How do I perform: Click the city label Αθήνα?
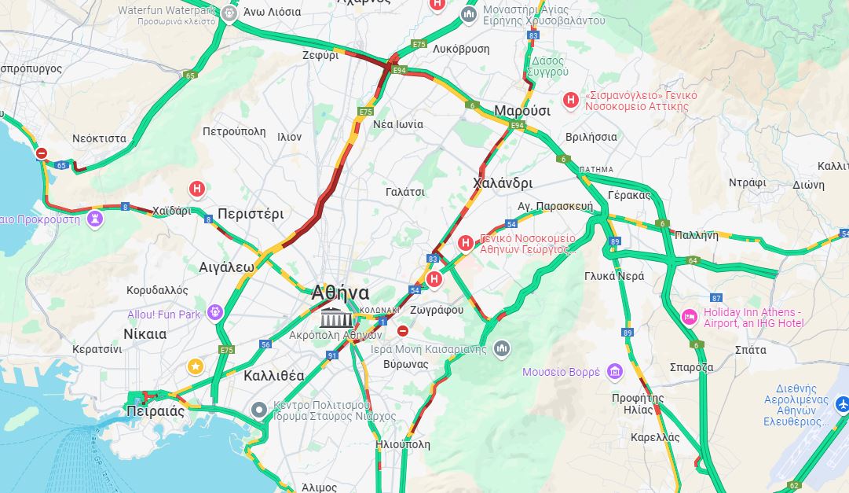(x=340, y=292)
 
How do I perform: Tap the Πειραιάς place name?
(x=155, y=411)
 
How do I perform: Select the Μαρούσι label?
(x=521, y=111)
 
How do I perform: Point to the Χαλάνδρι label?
(x=503, y=183)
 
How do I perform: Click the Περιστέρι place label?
(x=251, y=214)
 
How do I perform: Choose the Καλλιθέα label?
(x=273, y=375)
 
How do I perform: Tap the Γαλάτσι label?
(x=405, y=192)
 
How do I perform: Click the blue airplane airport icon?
(x=843, y=404)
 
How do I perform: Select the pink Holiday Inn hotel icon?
(x=689, y=317)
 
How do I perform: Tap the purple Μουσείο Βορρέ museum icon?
(x=614, y=371)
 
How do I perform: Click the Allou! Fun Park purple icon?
(x=214, y=314)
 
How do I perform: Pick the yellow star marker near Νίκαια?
(x=195, y=366)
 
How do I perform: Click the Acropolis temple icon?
(x=335, y=318)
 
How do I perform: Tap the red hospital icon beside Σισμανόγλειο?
(x=571, y=100)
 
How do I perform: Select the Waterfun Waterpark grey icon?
(x=229, y=13)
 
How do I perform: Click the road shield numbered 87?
(x=715, y=297)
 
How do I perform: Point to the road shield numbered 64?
(x=692, y=260)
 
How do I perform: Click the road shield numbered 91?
(x=332, y=355)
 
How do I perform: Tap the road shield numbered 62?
(x=794, y=485)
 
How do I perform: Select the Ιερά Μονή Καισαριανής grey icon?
(x=502, y=348)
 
